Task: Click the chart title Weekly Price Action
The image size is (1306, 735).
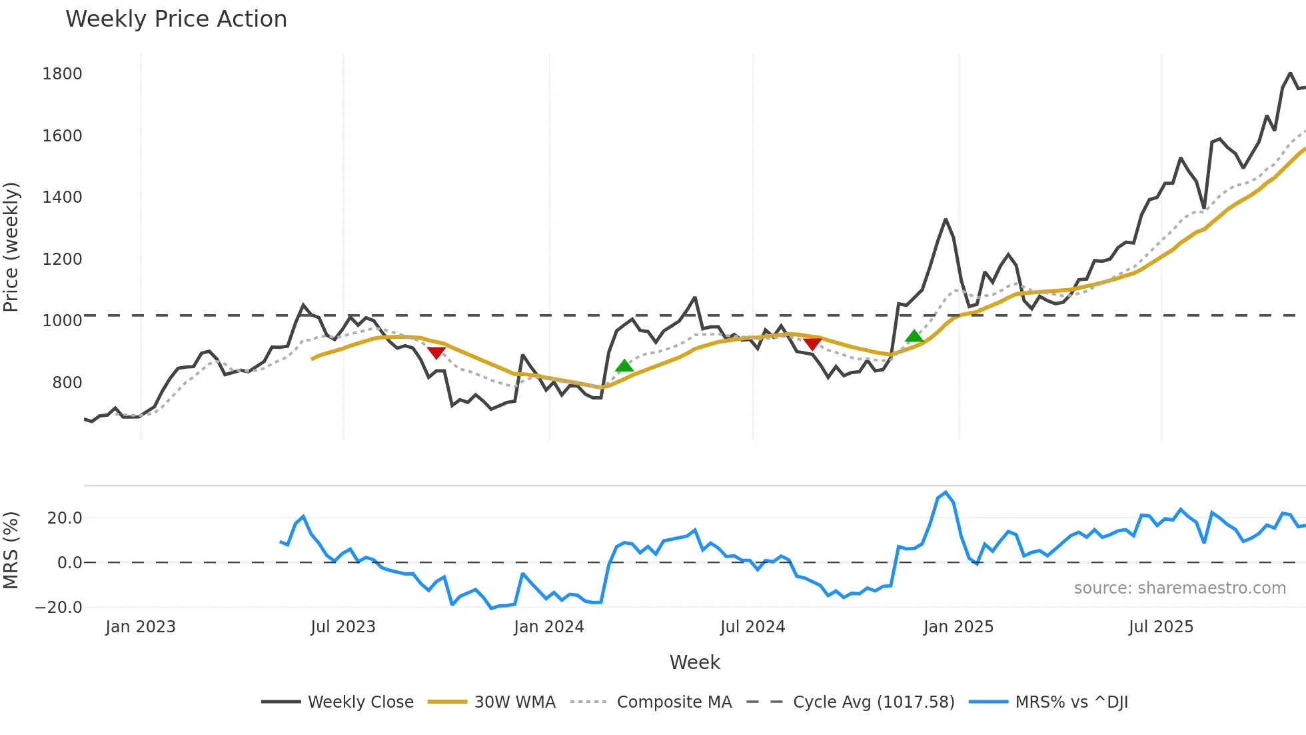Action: tap(176, 19)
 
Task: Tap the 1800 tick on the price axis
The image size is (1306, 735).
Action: tap(62, 74)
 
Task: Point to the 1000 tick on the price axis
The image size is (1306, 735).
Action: tap(62, 321)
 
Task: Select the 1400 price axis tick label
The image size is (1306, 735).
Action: tap(62, 197)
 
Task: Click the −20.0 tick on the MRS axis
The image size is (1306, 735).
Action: tap(59, 608)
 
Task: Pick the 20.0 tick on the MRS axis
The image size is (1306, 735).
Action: tap(65, 518)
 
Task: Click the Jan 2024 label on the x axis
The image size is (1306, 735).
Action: tap(548, 627)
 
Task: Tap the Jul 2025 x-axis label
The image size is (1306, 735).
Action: tap(1161, 627)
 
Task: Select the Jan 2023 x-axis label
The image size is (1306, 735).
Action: tap(141, 627)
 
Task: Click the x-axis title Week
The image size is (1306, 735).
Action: tap(694, 662)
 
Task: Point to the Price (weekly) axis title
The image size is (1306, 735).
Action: tap(11, 247)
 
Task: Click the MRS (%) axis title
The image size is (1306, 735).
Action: tap(11, 550)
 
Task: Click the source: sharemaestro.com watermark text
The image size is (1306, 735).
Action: tap(1179, 588)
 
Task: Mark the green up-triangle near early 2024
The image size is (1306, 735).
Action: tap(624, 365)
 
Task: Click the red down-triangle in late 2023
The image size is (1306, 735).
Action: tap(436, 353)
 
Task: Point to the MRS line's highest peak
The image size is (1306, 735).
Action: tap(946, 492)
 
